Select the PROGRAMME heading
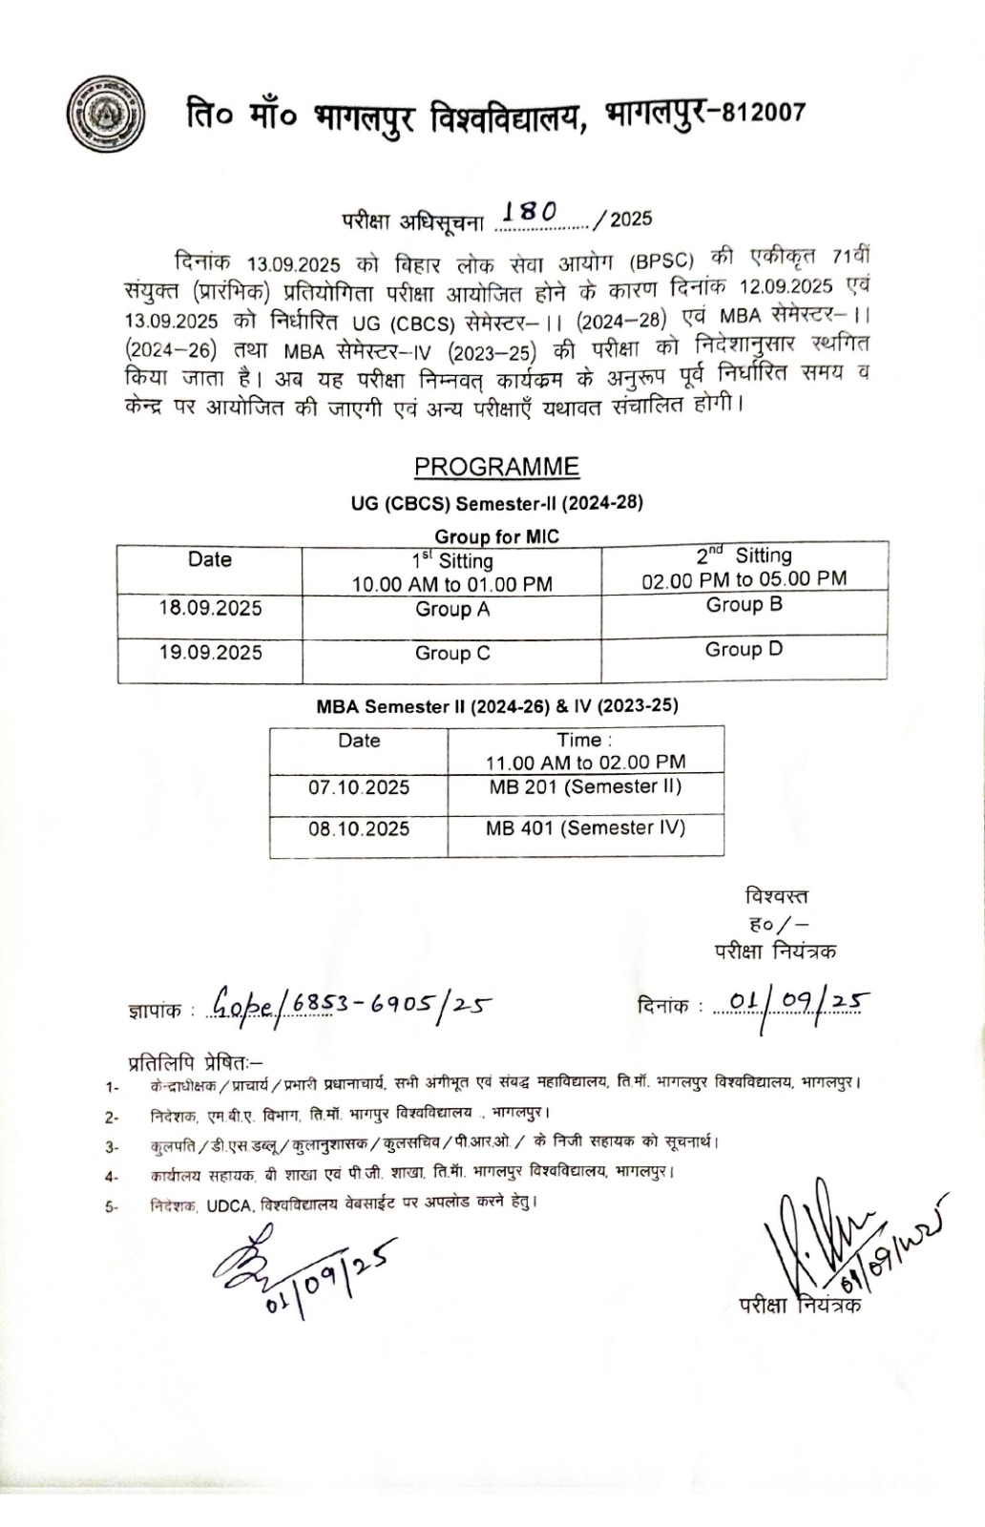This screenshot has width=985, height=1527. click(x=496, y=467)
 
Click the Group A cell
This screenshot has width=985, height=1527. click(x=451, y=610)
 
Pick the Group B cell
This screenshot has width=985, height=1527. click(x=744, y=605)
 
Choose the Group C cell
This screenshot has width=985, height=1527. click(x=451, y=654)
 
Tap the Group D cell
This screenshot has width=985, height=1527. click(x=744, y=650)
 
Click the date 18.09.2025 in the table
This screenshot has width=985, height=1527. click(x=210, y=609)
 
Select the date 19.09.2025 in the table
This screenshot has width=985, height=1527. click(x=210, y=653)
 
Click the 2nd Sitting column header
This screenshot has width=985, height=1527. click(x=744, y=567)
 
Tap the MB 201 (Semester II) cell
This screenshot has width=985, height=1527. click(x=585, y=787)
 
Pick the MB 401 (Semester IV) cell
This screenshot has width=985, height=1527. click(x=585, y=828)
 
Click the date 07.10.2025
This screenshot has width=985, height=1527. click(x=359, y=788)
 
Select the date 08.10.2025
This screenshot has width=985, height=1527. click(x=359, y=829)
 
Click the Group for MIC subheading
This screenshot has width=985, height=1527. click(x=496, y=536)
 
